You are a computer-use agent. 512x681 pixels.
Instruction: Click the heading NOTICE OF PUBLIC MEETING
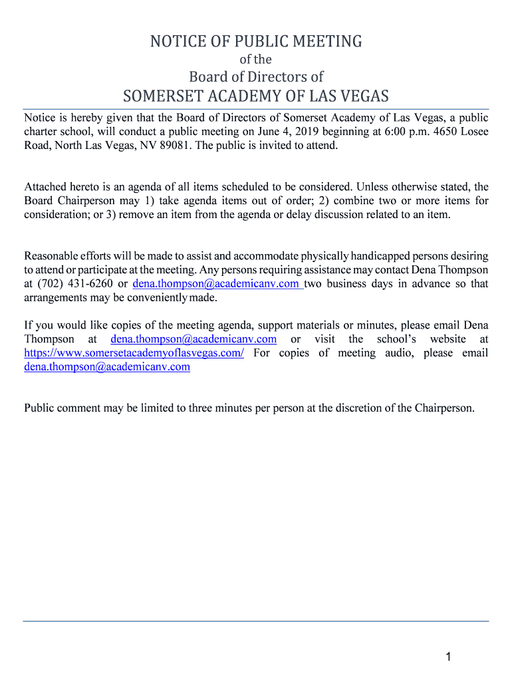click(256, 42)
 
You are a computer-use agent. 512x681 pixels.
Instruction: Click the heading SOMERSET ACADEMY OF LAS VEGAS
click(256, 96)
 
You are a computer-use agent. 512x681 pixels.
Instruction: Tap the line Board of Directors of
click(256, 77)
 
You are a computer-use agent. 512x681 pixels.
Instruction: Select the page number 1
click(449, 658)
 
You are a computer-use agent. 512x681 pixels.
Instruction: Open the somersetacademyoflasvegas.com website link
click(134, 353)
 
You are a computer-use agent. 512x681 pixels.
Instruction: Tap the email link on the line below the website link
click(107, 367)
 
